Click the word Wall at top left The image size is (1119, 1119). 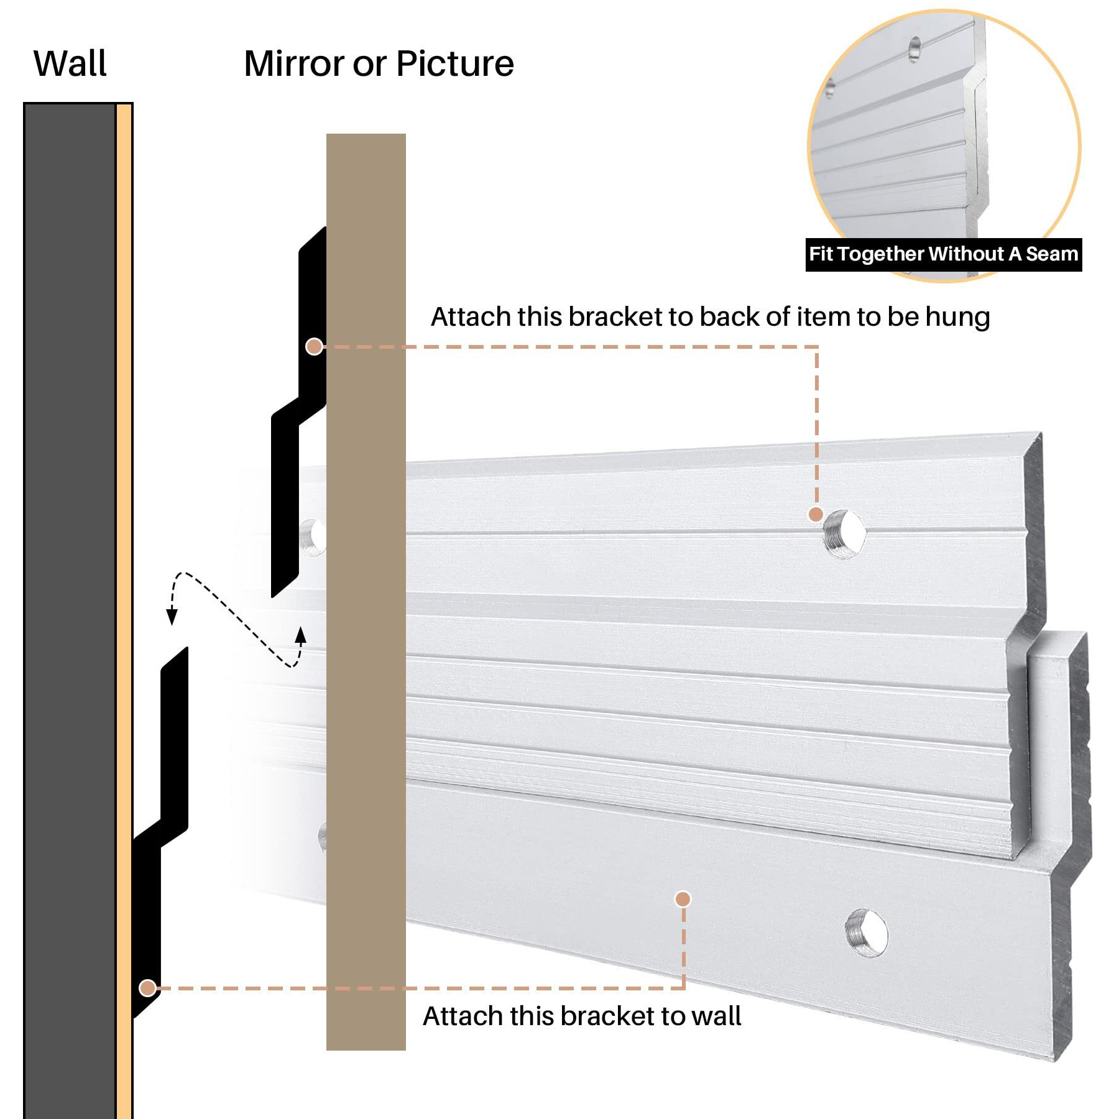(x=70, y=63)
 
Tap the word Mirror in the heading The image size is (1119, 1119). (x=293, y=63)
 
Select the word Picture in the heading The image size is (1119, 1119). (x=454, y=63)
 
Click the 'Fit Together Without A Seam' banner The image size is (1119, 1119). (x=943, y=254)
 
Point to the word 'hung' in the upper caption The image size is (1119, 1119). (x=957, y=317)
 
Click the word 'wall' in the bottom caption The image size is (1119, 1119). (x=716, y=1016)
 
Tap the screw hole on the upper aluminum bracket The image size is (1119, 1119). (x=844, y=533)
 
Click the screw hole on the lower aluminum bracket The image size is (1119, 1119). (x=867, y=932)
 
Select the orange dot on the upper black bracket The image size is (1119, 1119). (x=314, y=346)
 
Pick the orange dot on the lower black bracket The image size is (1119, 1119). (x=147, y=988)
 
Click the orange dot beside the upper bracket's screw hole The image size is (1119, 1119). (x=816, y=514)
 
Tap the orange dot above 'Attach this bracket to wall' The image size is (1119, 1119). (x=683, y=899)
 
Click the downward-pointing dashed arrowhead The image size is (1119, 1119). (x=172, y=617)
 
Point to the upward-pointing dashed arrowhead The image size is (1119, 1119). (x=301, y=635)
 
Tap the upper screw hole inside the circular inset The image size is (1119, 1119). (x=914, y=49)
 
